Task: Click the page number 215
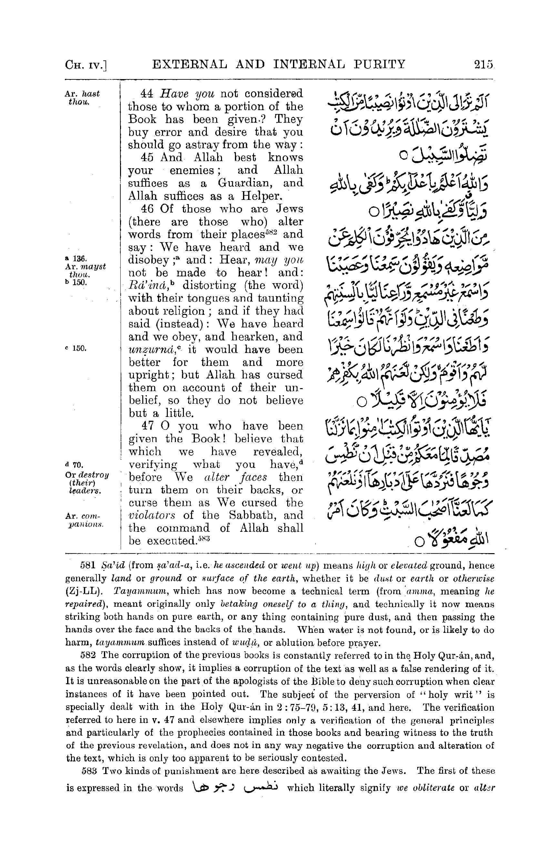pyautogui.click(x=483, y=65)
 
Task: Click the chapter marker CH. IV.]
pyautogui.click(x=86, y=65)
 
